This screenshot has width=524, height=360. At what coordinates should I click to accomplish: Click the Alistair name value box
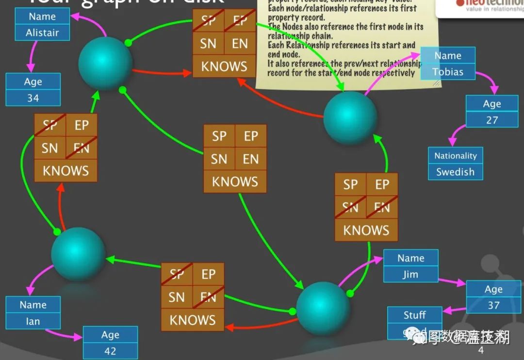(42, 33)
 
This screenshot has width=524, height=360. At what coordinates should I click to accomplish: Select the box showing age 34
(33, 98)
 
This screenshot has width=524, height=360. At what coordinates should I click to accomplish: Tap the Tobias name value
(448, 72)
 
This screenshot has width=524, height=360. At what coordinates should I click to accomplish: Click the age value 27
(492, 120)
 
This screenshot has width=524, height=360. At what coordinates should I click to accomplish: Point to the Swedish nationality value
(455, 172)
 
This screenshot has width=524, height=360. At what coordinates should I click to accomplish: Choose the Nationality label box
(455, 156)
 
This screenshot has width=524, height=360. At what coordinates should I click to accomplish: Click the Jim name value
(410, 274)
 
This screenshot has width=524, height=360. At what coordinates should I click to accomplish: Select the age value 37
(493, 305)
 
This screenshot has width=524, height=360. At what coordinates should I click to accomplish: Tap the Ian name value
(33, 321)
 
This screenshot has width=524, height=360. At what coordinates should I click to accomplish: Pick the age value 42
(110, 351)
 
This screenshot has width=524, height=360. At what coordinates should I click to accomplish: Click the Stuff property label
(414, 315)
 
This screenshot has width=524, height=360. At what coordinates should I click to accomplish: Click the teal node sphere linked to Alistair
(105, 63)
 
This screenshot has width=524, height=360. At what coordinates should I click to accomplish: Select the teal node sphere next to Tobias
(350, 117)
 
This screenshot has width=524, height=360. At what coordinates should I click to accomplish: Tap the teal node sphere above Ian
(78, 253)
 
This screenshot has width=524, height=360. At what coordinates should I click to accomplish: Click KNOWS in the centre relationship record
(235, 181)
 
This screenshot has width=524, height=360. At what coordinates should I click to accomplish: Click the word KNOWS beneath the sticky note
(224, 66)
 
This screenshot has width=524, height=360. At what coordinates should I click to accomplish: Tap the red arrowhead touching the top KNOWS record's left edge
(188, 73)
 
